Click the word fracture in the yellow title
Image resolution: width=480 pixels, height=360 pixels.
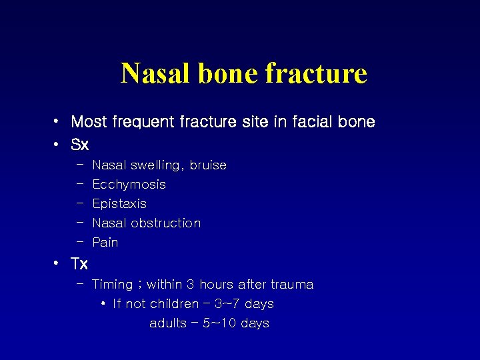[316, 73]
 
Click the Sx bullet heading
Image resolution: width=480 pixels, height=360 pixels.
[80, 144]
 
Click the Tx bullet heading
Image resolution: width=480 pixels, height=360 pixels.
[79, 264]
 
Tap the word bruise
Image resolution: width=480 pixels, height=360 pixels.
[208, 165]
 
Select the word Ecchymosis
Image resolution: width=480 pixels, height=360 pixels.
[129, 185]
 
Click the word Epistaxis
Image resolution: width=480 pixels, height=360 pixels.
[119, 204]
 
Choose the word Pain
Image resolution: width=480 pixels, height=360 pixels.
[105, 243]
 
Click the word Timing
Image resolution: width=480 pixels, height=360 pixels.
[112, 285]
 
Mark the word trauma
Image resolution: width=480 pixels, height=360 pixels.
[292, 285]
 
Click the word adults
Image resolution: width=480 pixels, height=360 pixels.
[167, 323]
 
